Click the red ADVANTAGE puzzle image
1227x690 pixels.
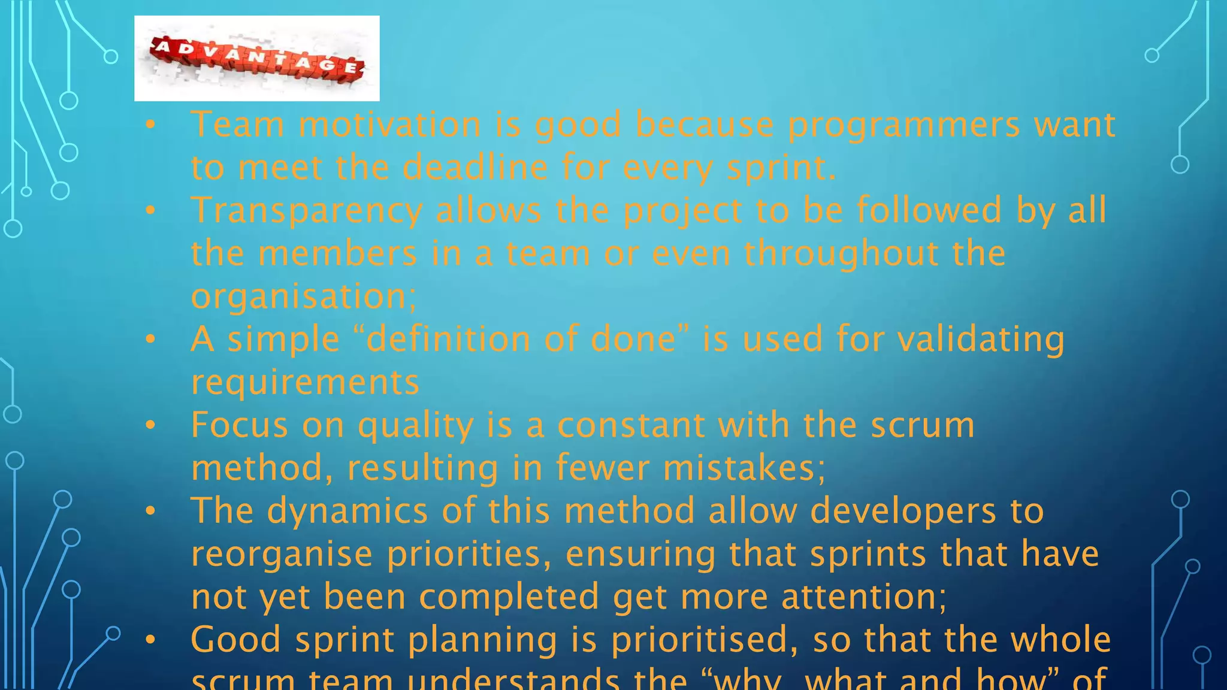(x=256, y=59)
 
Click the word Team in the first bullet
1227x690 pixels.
(x=237, y=125)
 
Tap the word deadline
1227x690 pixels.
(x=475, y=167)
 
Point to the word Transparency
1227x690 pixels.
(x=307, y=211)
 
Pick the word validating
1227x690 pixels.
(x=981, y=340)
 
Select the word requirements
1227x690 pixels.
(x=305, y=383)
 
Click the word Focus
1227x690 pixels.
(x=239, y=425)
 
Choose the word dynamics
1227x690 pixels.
(x=347, y=512)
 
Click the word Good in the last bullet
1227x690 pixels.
(x=235, y=640)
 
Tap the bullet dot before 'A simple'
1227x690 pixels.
(x=150, y=340)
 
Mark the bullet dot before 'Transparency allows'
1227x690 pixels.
(x=150, y=210)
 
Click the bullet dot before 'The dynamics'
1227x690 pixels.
(x=150, y=511)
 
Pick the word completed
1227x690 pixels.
(x=509, y=598)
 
